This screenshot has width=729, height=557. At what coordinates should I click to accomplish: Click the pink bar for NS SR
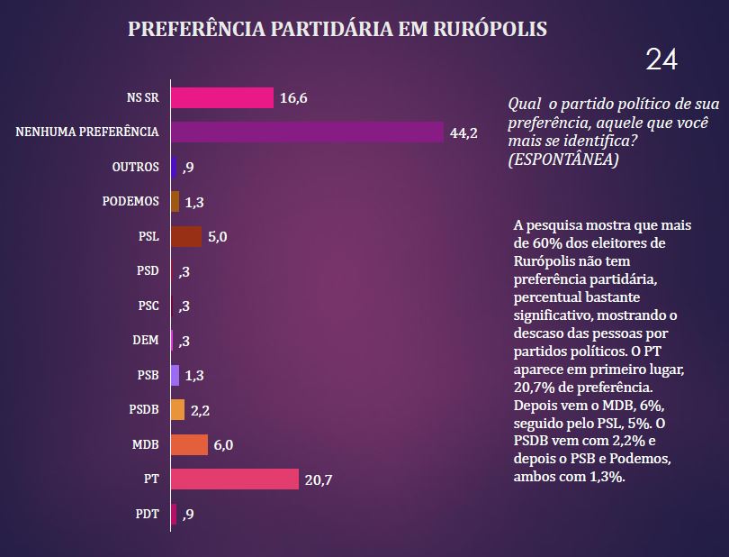221,97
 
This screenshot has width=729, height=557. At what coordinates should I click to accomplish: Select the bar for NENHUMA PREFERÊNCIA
307,132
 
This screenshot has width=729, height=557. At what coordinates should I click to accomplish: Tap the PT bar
234,479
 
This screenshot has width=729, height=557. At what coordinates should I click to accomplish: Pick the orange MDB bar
189,445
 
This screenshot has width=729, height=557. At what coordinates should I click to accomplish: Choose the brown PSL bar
186,236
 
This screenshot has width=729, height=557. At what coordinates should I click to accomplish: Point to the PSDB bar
177,410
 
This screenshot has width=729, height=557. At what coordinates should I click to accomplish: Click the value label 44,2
463,133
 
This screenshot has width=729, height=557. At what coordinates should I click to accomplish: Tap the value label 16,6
294,98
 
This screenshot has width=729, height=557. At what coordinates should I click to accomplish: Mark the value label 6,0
223,445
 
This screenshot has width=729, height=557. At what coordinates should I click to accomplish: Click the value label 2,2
201,411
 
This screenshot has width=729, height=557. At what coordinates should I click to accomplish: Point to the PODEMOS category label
130,202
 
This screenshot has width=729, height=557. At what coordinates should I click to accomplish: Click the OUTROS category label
135,167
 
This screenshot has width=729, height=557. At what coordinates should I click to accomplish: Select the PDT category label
146,515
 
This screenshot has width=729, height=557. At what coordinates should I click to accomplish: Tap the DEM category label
146,341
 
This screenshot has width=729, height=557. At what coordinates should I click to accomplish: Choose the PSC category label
148,306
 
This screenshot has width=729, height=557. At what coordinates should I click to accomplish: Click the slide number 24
661,59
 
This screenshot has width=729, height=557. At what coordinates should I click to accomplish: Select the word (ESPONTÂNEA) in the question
563,160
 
